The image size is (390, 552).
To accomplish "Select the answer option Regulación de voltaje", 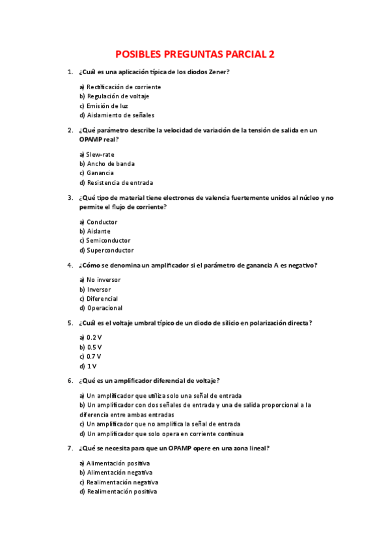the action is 114,96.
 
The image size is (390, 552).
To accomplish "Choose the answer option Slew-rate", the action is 100,154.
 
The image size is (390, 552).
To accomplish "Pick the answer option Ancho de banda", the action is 107,164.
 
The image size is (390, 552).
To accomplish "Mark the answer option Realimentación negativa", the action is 119,482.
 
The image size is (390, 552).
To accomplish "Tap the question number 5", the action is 70,323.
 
